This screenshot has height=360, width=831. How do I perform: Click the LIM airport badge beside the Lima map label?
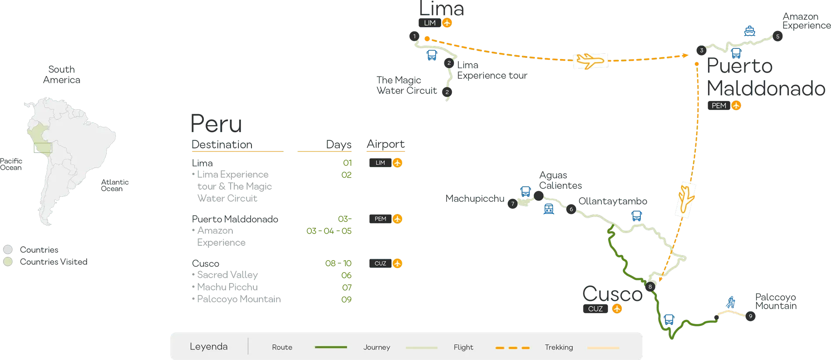(435, 23)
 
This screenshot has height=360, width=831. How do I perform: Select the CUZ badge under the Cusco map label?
(602, 309)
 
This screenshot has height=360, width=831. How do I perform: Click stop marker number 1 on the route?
(414, 36)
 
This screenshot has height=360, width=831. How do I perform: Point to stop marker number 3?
(702, 50)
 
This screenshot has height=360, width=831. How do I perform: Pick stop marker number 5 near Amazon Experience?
(778, 37)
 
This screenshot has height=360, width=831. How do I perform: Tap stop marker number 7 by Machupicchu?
(513, 204)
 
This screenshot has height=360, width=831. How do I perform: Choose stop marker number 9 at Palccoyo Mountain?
(751, 316)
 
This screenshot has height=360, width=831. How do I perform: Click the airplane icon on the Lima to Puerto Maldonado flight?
(590, 61)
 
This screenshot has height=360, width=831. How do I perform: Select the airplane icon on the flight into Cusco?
(685, 199)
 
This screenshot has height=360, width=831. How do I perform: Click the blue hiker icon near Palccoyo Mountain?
(730, 302)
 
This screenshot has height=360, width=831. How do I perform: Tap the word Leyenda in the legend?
(209, 346)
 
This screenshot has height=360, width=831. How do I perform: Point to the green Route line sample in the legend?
(331, 347)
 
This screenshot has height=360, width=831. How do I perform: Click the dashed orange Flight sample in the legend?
(513, 348)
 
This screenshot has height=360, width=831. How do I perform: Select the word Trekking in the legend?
(559, 347)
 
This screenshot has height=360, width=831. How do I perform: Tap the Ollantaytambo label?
(612, 201)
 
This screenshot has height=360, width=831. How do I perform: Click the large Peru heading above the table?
(216, 123)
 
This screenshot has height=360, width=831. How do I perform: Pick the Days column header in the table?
(339, 144)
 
